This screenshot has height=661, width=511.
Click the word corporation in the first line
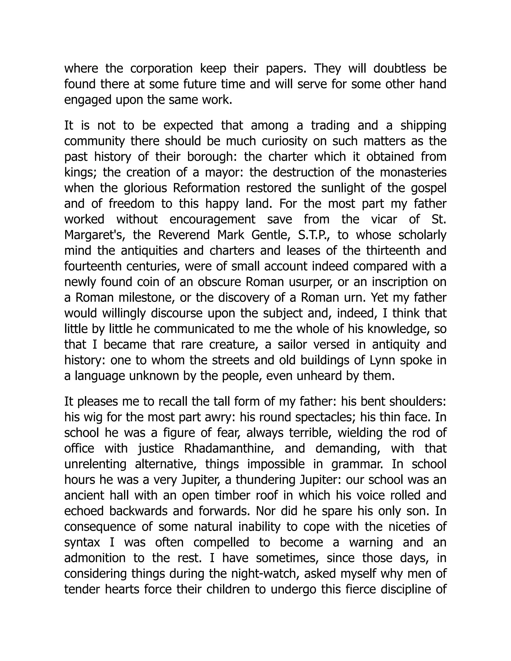point(161,69)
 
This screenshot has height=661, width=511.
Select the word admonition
point(95,558)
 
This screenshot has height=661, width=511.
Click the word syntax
point(82,542)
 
